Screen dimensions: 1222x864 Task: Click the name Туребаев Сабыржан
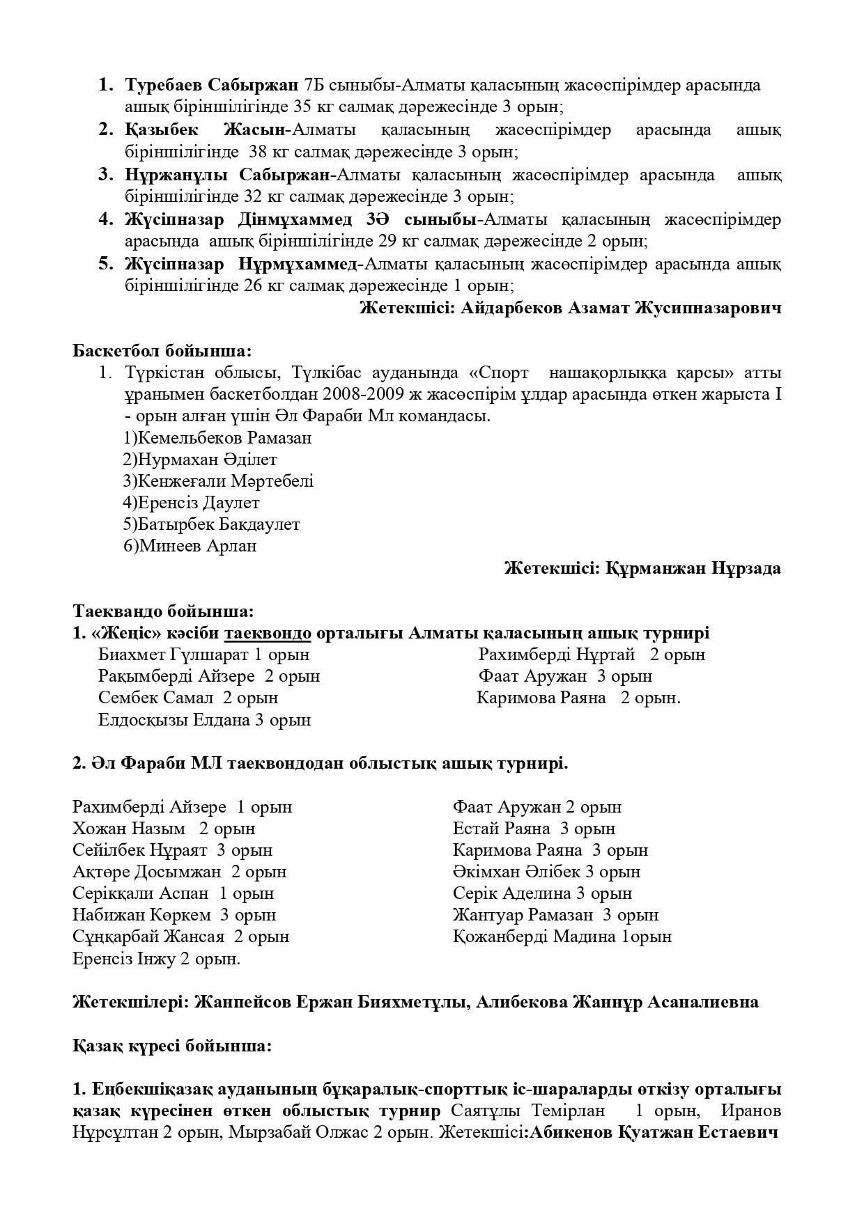[x=212, y=85]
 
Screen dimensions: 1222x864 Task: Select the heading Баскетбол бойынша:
[x=162, y=350]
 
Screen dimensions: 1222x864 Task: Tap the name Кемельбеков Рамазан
[x=224, y=438]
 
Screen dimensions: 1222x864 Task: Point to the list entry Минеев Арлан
[x=198, y=546]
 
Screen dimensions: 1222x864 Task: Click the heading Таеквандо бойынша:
[x=163, y=611]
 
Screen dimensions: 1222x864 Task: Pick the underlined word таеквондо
[x=268, y=633]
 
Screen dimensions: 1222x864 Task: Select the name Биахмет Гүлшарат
[x=173, y=655]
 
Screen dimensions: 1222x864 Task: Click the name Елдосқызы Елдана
[x=174, y=720]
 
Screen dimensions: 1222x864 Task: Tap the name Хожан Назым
[x=129, y=829]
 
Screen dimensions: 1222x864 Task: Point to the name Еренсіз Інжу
[x=124, y=959]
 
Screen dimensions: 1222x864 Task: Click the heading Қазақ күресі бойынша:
[x=172, y=1046]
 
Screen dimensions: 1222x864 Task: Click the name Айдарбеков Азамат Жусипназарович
[x=620, y=308]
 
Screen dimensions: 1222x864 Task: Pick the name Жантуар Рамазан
[x=523, y=915]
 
